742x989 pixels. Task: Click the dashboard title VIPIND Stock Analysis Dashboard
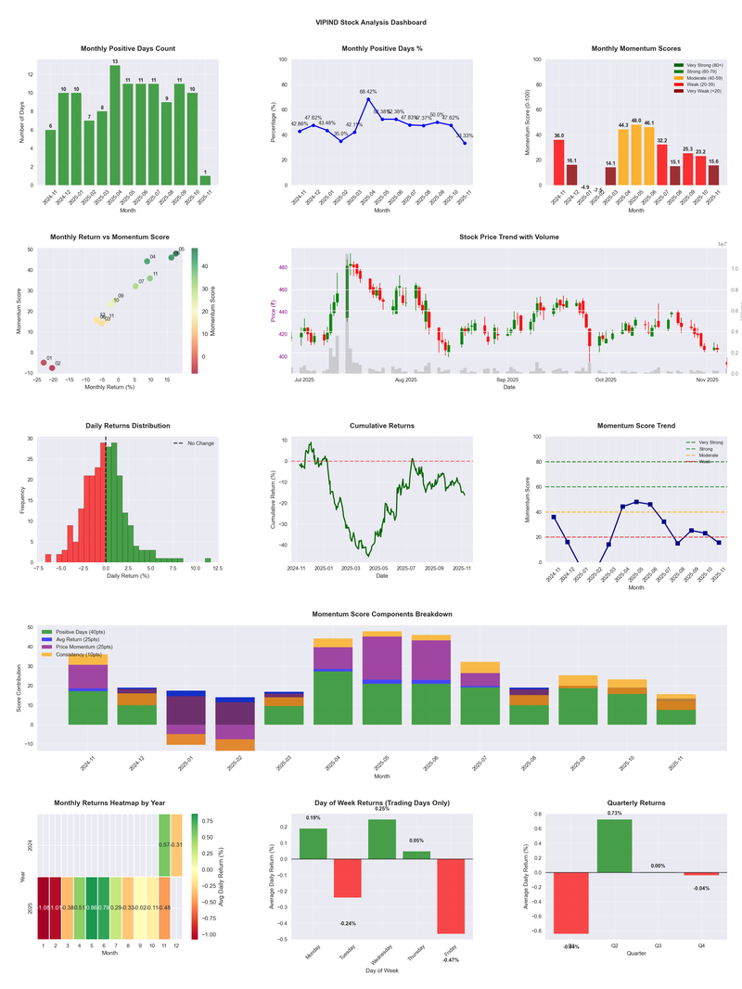tap(370, 21)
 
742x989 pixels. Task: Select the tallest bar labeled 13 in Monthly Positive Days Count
tap(115, 125)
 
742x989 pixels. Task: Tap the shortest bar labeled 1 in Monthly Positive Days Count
tap(205, 180)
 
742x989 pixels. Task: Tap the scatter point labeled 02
tap(52, 367)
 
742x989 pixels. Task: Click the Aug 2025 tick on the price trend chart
tap(405, 379)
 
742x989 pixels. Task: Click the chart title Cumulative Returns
tap(382, 426)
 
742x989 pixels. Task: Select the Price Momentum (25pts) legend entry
tap(84, 647)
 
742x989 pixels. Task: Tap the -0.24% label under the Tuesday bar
tap(348, 923)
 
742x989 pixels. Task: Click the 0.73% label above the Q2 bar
tap(614, 813)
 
